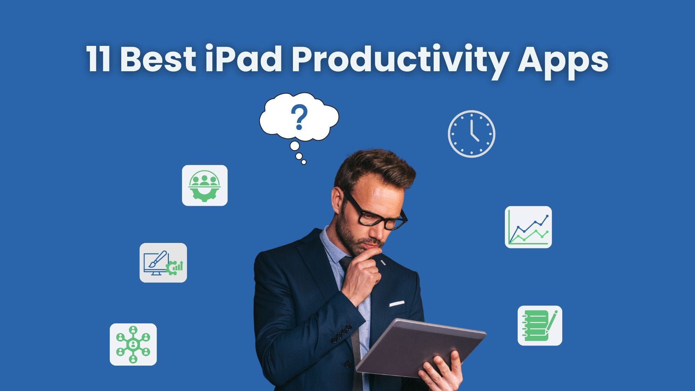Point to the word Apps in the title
[563, 62]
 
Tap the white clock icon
[472, 134]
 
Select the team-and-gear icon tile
[205, 185]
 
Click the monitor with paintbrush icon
[163, 263]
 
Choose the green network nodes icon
[133, 344]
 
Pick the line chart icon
[528, 227]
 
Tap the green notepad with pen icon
[540, 326]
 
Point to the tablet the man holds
[420, 348]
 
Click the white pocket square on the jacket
[396, 303]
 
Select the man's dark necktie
[351, 313]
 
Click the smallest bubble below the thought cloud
[304, 162]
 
